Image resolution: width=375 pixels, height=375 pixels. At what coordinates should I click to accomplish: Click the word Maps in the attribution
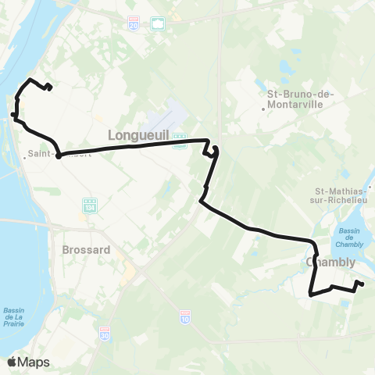coord(34,362)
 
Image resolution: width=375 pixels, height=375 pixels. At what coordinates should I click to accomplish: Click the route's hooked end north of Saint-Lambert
coord(49,87)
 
